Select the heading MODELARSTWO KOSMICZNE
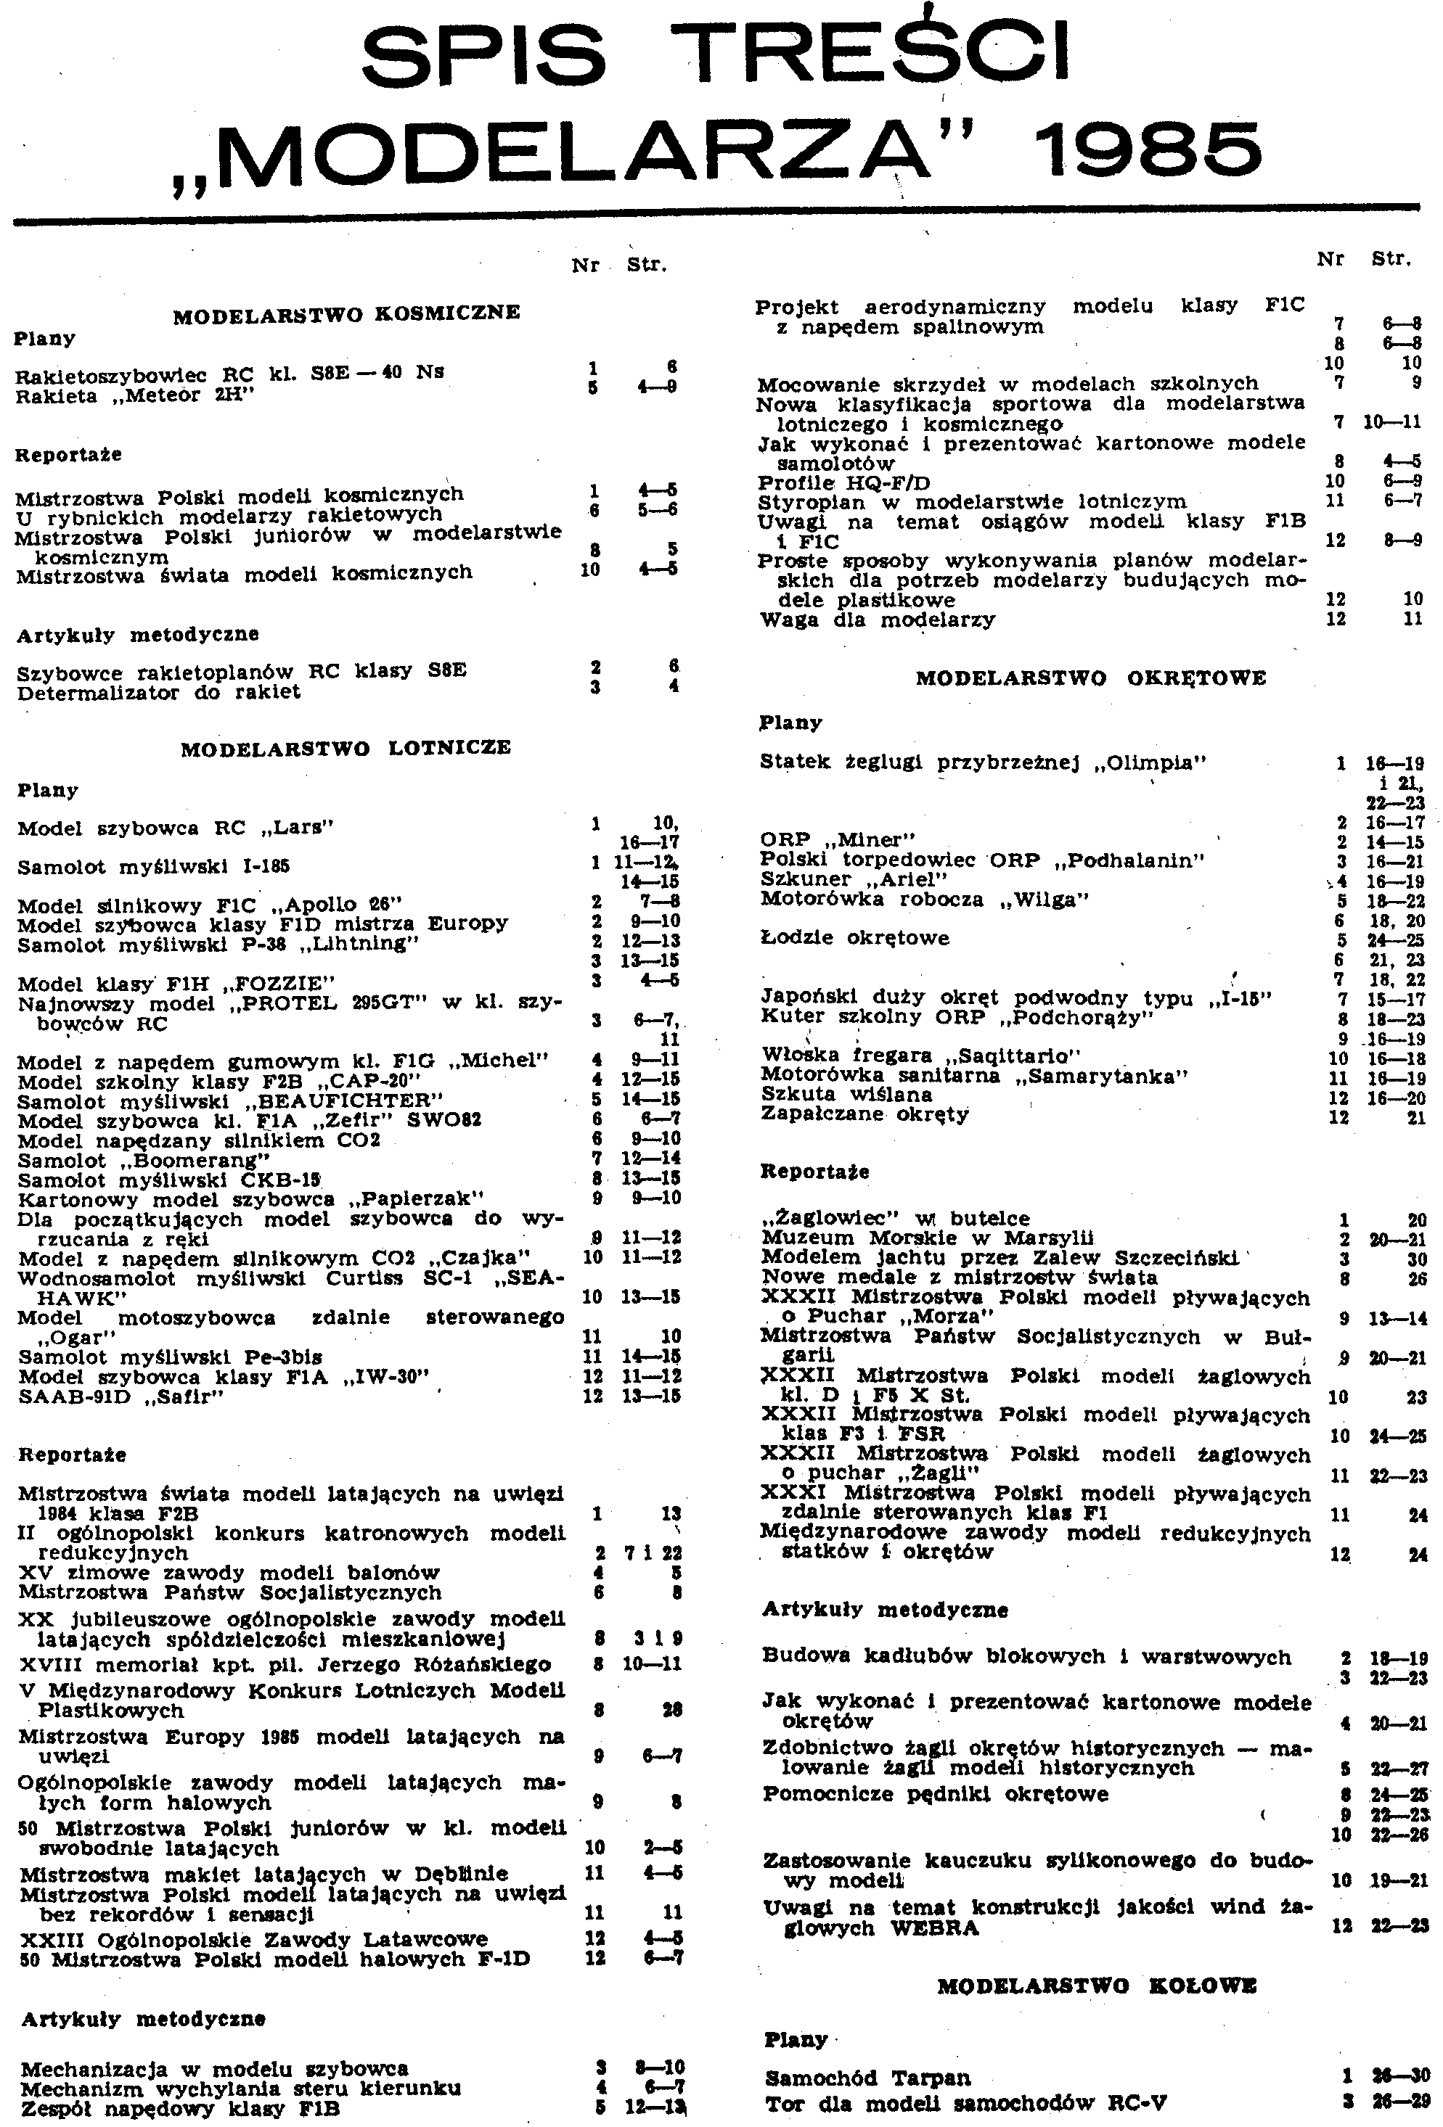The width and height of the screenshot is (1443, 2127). [346, 313]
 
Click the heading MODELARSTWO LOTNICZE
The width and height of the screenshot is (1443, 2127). [346, 748]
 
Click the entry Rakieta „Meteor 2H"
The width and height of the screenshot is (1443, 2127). [134, 396]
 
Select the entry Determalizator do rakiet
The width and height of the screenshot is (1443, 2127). [158, 692]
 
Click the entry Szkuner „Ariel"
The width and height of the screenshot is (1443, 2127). [841, 879]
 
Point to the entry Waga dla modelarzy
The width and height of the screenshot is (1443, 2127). [876, 620]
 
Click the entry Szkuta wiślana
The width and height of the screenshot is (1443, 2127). [846, 1095]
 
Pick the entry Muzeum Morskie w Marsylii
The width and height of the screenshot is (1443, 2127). [928, 1238]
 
